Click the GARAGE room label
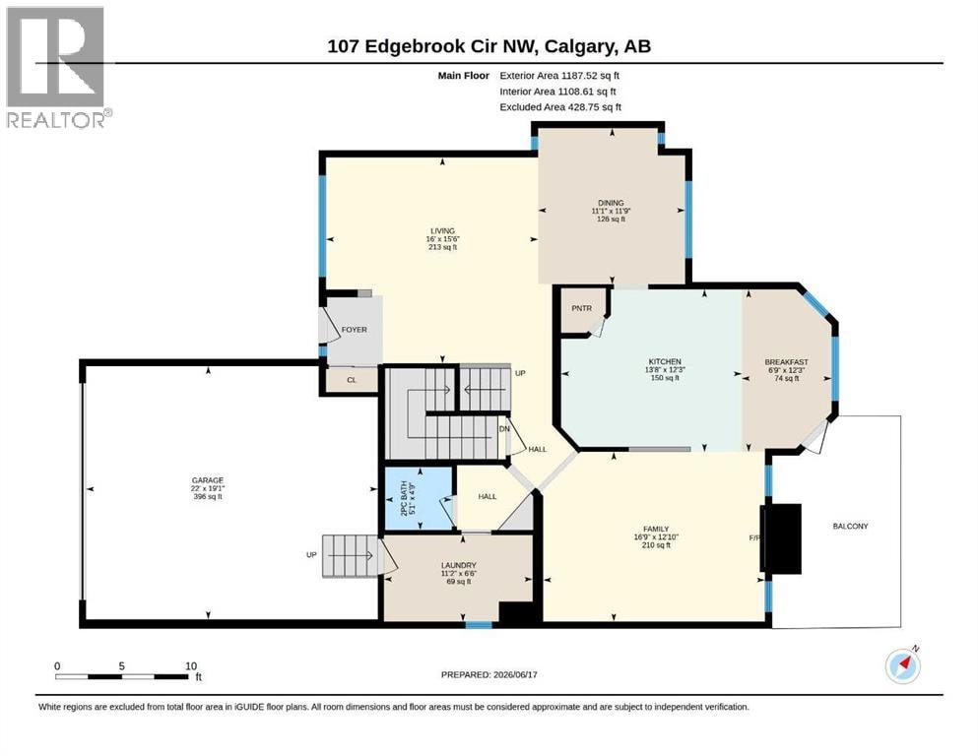coord(207,480)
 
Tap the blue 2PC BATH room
coord(418,499)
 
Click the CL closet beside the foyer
coord(352,380)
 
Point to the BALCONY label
coord(850,526)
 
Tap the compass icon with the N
coord(903,665)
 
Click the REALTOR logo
coord(57,68)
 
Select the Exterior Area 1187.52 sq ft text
coord(559,76)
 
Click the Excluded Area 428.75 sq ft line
coord(560,107)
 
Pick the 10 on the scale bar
coord(191,665)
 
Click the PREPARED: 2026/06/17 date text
coord(489,674)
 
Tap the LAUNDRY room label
coord(458,565)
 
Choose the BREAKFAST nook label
coord(787,362)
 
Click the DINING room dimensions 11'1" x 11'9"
coord(611,211)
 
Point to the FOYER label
coord(355,330)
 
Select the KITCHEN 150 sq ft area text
coord(665,378)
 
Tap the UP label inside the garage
coord(311,554)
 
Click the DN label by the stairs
coord(504,429)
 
